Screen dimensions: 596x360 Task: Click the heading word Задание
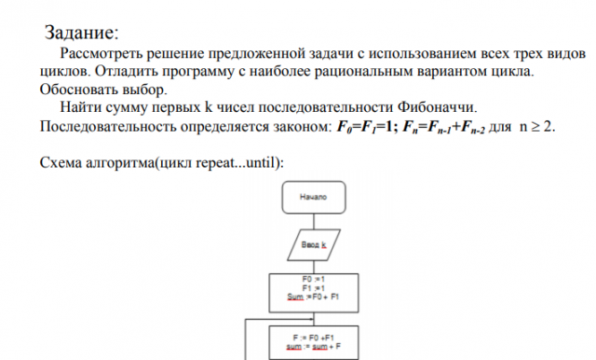[x=80, y=34]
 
